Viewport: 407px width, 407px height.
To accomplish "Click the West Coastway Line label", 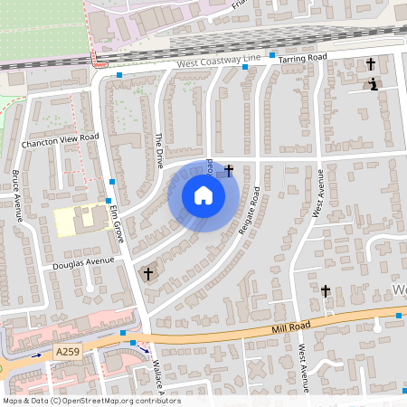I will (x=218, y=62).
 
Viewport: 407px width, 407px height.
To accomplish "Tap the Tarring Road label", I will (x=302, y=58).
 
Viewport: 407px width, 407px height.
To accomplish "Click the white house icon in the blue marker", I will (x=203, y=195).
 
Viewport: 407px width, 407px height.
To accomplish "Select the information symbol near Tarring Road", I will (x=373, y=84).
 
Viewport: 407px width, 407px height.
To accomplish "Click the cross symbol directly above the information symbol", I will (x=370, y=64).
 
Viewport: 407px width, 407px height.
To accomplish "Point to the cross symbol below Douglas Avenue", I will (x=148, y=272).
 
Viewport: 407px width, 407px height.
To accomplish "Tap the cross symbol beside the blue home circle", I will (x=229, y=169).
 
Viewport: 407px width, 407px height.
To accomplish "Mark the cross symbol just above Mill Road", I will (x=326, y=291).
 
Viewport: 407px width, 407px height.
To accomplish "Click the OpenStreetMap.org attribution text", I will (x=119, y=401).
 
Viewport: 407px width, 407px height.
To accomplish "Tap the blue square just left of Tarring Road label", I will (x=271, y=55).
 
